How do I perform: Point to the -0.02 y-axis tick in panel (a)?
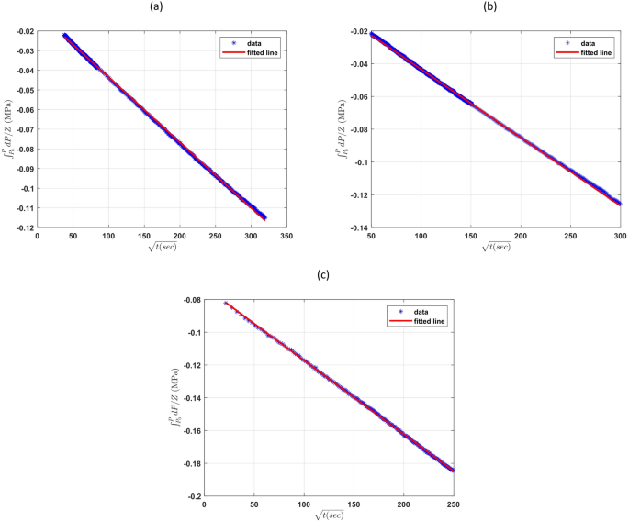click(21, 32)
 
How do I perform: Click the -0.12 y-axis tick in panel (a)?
click(21, 227)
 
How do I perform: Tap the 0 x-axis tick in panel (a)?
click(38, 237)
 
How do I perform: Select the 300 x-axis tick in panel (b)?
click(620, 237)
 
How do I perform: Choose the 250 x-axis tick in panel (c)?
click(454, 504)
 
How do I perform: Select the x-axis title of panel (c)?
click(329, 515)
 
